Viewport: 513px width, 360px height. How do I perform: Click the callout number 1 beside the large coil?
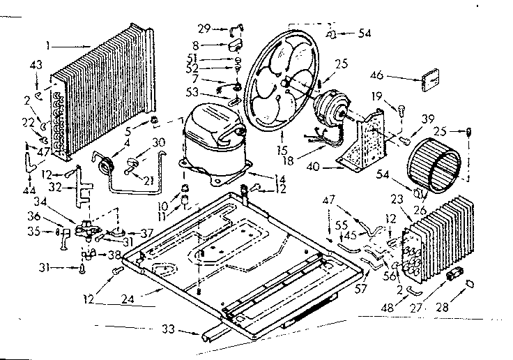pos(48,47)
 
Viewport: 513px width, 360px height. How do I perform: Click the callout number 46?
pos(396,76)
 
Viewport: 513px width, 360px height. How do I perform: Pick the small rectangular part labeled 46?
pos(430,80)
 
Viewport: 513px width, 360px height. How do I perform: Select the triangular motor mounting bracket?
pos(366,143)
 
